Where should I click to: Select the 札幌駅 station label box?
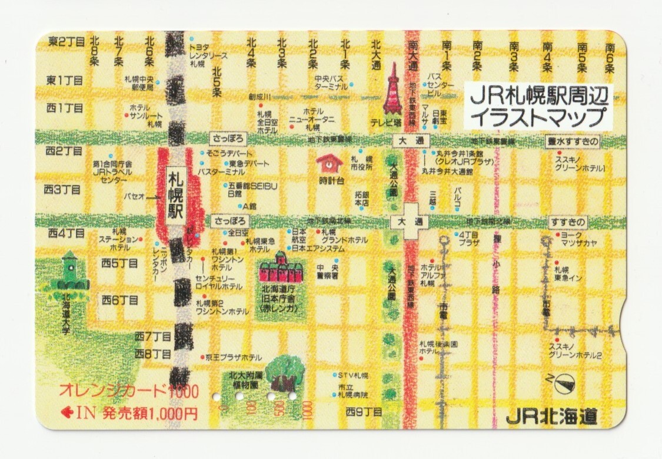(x=175, y=194)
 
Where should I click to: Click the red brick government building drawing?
(x=280, y=270)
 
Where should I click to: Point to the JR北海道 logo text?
(x=551, y=417)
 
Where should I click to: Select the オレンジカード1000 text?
(x=129, y=391)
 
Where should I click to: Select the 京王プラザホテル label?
(x=234, y=357)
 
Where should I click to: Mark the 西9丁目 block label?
(x=364, y=411)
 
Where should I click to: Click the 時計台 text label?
(x=331, y=180)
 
